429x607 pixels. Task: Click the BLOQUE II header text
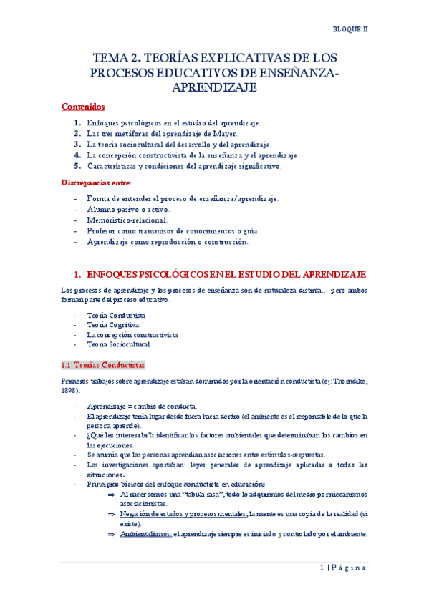(350, 29)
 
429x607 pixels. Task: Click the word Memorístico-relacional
(127, 220)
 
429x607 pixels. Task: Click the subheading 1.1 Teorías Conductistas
(103, 364)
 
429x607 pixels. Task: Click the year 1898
(70, 391)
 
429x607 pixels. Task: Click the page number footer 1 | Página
(342, 568)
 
